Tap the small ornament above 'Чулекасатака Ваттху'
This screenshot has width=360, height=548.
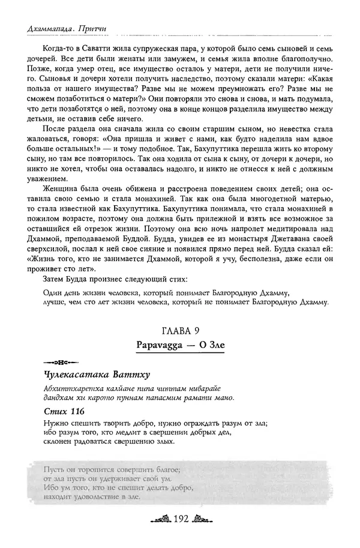point(56,363)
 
